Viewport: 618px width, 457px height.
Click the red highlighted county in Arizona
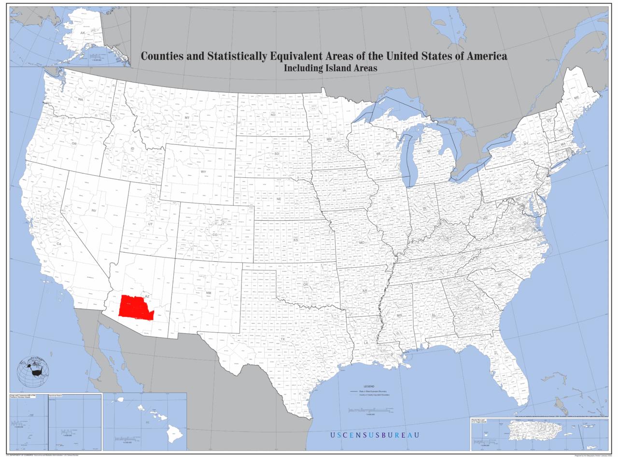135,307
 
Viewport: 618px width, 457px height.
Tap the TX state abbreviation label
283,339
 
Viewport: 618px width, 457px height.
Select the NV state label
94,211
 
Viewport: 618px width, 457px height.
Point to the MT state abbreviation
187,117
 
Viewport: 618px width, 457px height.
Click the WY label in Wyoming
203,171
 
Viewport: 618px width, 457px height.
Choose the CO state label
215,235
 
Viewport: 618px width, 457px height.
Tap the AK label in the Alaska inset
83,33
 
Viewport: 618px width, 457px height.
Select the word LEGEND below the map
369,386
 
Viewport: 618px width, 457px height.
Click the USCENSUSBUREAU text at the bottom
375,435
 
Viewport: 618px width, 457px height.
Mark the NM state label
209,293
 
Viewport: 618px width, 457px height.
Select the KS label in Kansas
296,240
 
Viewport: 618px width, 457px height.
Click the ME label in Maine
576,98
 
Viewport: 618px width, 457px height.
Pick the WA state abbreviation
81,99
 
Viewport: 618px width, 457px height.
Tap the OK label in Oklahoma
305,284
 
